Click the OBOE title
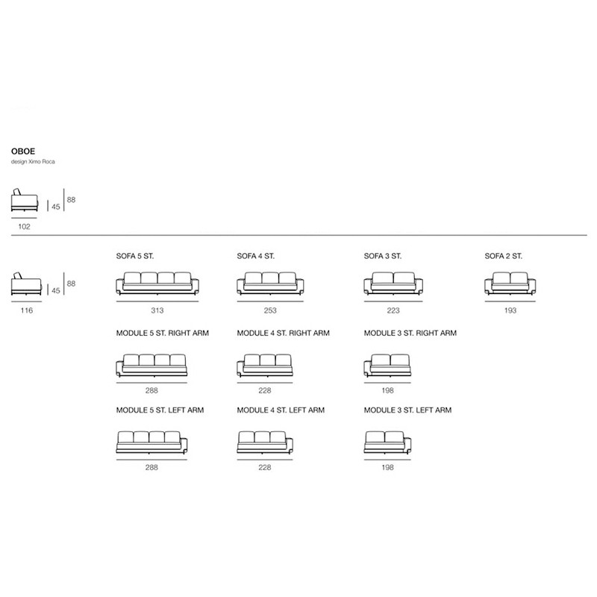23,151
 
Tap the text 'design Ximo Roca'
33,161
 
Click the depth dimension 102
24,227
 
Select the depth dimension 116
27,310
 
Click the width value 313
157,310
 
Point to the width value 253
270,310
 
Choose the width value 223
393,310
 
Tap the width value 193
510,310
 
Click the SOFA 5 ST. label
135,256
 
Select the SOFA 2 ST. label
503,256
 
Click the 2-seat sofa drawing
510,284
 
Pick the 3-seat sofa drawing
393,284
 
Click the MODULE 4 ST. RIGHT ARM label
284,333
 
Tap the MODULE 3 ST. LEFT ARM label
407,410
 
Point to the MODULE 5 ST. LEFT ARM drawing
151,443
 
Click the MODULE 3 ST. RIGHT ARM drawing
387,366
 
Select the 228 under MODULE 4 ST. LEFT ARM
265,467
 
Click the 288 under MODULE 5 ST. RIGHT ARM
151,390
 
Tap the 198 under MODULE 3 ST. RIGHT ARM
387,390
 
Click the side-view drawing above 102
25,200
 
